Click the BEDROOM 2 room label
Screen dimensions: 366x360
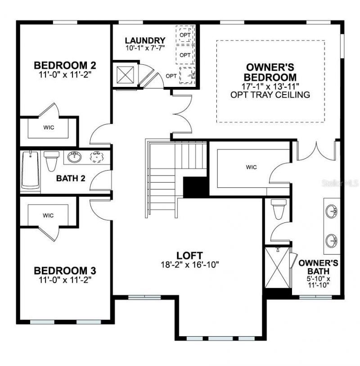65,65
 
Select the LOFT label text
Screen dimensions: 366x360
189,255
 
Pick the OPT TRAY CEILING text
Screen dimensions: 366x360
270,95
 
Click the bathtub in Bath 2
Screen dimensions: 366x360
30,170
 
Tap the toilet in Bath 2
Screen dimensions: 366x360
52,160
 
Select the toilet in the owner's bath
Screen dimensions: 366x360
277,209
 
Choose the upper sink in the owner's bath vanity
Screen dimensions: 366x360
332,210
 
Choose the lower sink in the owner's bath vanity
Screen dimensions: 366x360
332,239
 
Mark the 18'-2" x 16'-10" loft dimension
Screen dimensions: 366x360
189,265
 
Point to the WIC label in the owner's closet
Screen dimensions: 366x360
251,167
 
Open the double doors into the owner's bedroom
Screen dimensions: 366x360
182,114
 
